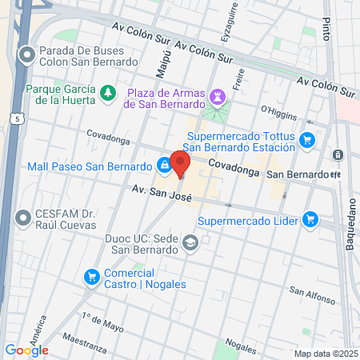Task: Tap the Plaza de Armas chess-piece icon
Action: pos(215,97)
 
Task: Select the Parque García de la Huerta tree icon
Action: pos(107,94)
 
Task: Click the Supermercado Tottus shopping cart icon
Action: pos(307,141)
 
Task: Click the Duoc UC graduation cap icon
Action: pos(190,242)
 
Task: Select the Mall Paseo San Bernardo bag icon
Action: pos(163,166)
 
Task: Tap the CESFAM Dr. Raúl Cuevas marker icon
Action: pos(25,217)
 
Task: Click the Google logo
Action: pos(26,350)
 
